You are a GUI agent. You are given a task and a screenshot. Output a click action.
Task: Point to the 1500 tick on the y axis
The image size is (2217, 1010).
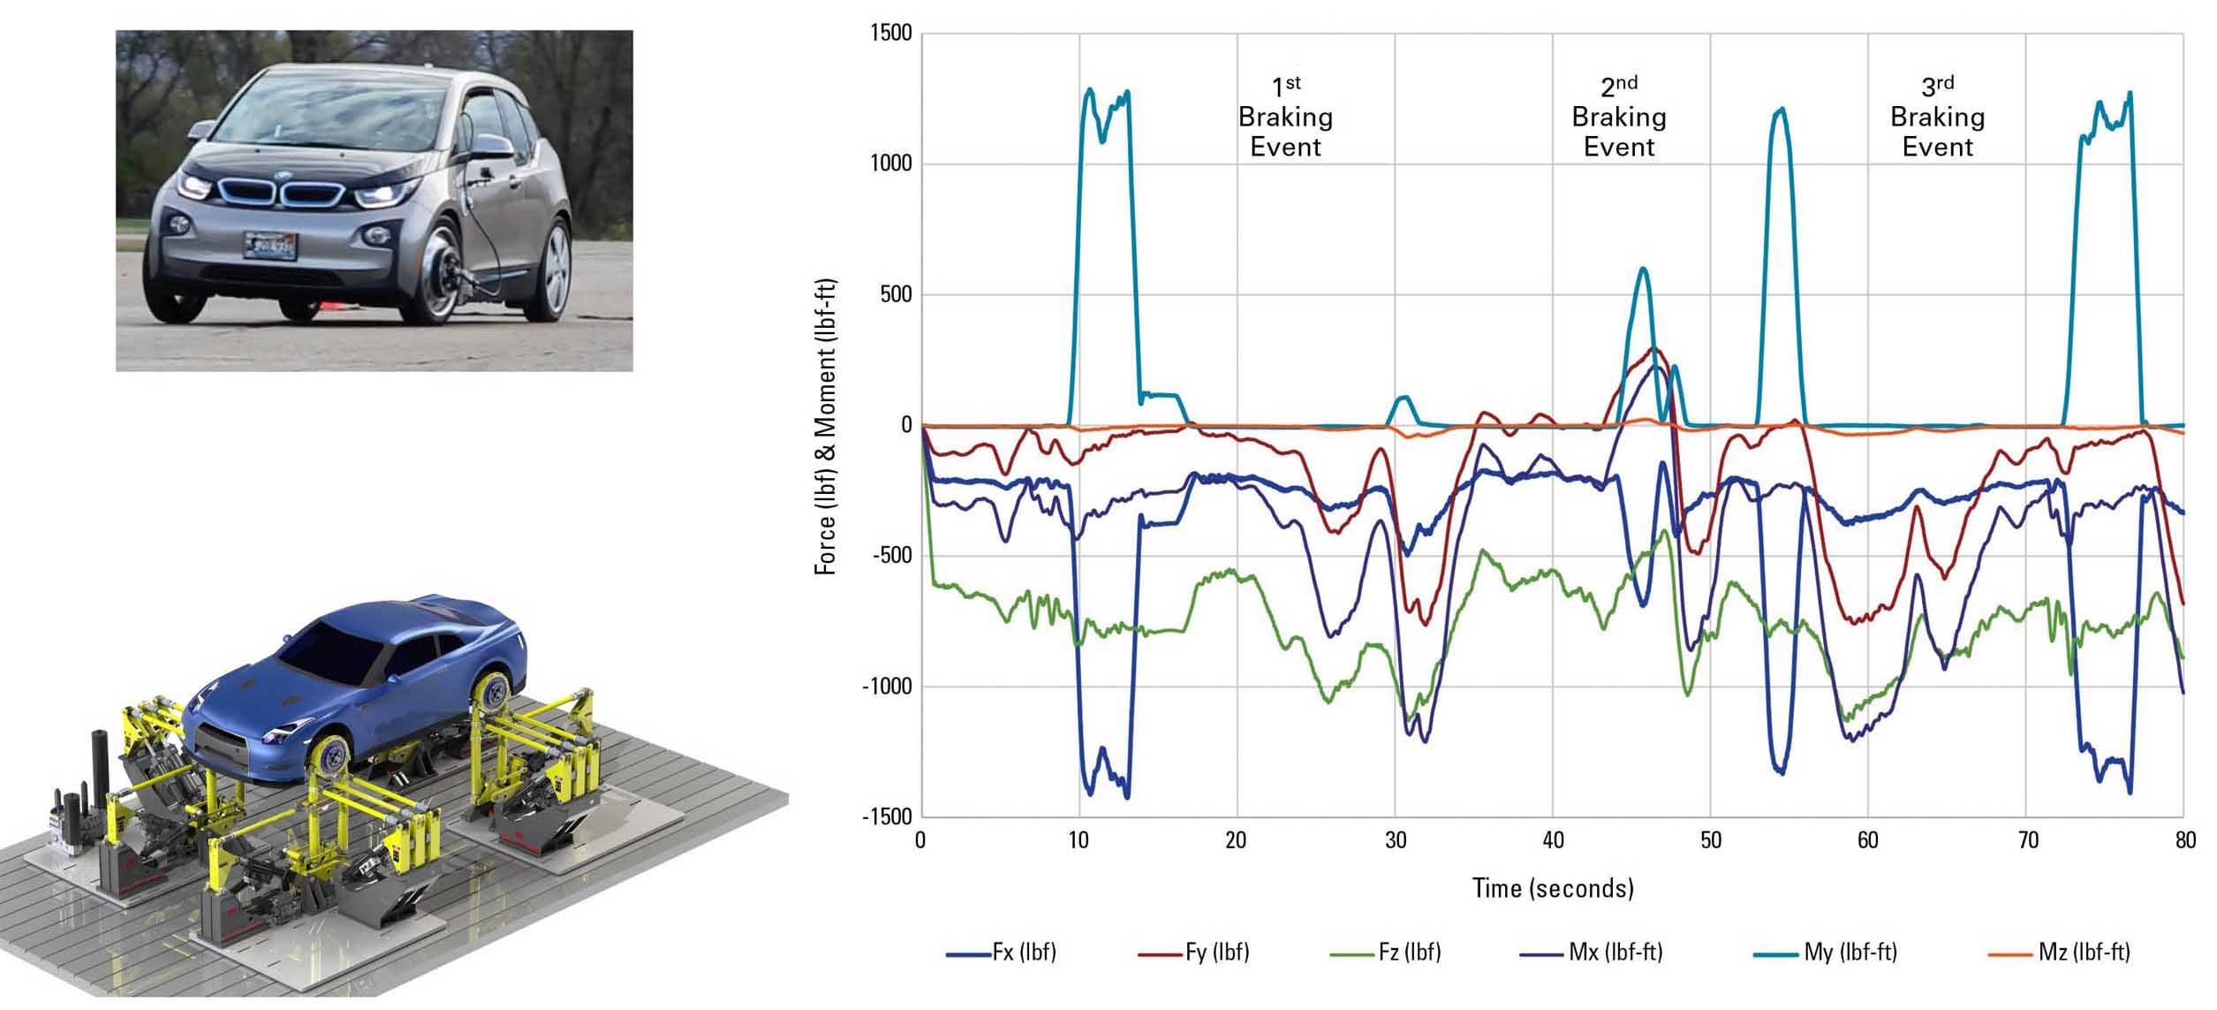(891, 34)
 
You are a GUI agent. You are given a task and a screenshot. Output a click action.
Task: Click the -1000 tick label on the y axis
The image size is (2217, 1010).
(887, 687)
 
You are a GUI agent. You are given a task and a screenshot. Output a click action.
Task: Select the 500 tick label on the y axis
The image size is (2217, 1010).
(896, 294)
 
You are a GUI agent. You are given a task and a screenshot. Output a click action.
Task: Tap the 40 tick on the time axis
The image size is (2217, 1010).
(1553, 839)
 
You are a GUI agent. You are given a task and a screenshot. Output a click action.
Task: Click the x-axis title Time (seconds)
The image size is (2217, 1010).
(1553, 888)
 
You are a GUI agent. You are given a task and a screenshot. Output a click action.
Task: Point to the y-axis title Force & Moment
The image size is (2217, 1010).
(826, 426)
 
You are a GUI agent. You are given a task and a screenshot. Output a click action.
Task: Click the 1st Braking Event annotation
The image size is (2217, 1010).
(1285, 118)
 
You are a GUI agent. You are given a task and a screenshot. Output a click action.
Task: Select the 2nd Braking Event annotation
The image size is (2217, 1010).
(1619, 118)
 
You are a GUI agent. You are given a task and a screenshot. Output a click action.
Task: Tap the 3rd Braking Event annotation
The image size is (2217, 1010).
(1937, 118)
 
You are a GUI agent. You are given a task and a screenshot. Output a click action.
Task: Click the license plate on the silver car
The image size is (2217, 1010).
(270, 245)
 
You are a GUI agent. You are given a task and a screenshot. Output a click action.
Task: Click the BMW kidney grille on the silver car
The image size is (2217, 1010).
(282, 193)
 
